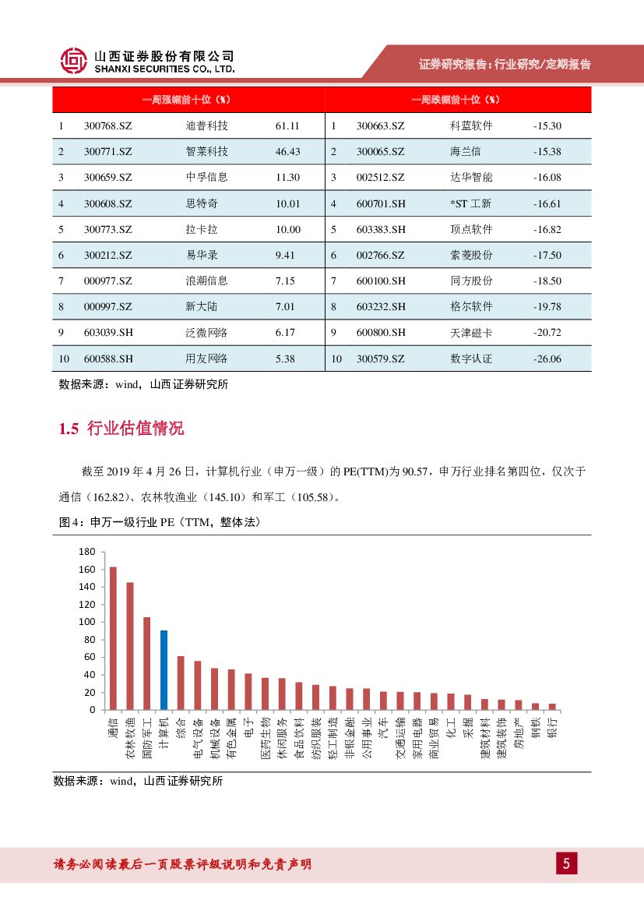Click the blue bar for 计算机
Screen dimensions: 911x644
click(164, 670)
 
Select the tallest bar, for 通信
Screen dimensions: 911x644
click(113, 638)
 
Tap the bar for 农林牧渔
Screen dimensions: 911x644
click(130, 646)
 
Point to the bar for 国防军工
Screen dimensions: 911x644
click(146, 663)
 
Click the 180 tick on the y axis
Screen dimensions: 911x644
click(86, 552)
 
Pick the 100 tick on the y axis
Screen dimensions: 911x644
click(86, 622)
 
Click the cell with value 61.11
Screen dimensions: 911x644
click(287, 125)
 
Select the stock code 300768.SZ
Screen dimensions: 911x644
click(108, 125)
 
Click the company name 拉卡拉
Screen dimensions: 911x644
click(200, 229)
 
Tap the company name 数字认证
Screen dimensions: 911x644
click(471, 358)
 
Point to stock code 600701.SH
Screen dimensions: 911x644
click(381, 203)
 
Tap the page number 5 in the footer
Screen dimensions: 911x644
click(566, 863)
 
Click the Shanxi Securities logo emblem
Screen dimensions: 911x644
click(75, 61)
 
